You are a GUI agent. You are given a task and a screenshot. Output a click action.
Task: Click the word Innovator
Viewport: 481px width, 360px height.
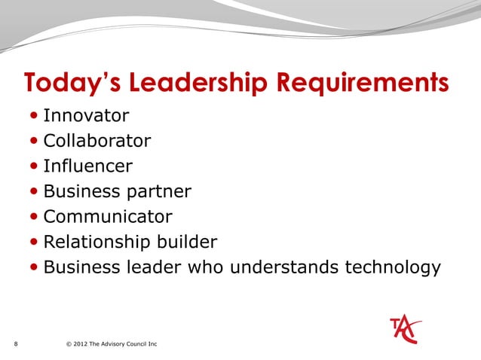[x=86, y=116]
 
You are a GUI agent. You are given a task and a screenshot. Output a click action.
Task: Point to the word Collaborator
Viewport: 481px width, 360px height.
[x=97, y=141]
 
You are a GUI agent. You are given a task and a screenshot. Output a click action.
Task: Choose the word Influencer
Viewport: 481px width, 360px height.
[x=88, y=166]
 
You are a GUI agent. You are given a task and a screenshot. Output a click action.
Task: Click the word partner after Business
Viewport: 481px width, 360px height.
[x=156, y=191]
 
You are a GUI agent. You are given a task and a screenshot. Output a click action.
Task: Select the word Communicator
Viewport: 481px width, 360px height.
[x=108, y=217]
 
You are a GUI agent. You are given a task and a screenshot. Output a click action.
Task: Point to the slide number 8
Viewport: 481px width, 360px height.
[x=16, y=345]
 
